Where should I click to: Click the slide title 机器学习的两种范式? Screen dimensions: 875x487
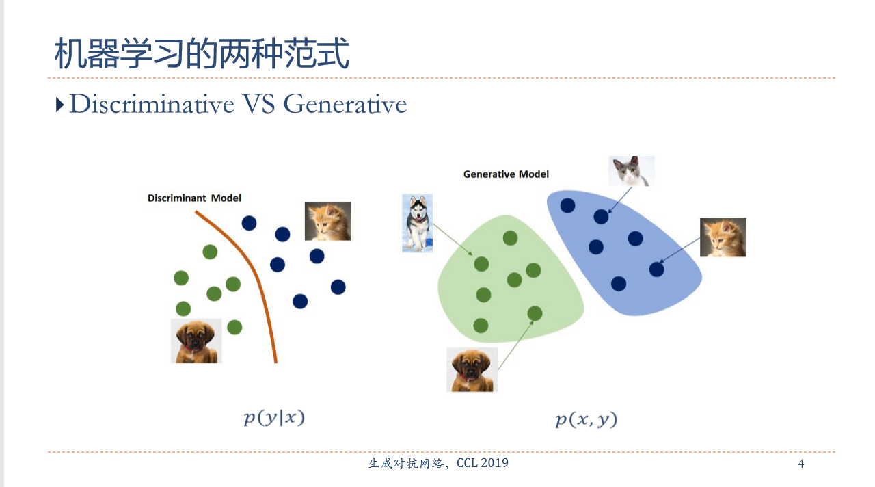pos(202,53)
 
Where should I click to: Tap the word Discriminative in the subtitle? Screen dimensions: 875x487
pos(152,105)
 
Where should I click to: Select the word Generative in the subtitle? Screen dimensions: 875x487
pos(345,105)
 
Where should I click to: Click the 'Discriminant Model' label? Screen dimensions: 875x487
pos(194,198)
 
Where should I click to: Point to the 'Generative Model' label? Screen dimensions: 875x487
pos(506,174)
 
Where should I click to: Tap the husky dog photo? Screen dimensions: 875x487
pos(417,223)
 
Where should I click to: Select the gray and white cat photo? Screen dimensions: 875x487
pos(631,171)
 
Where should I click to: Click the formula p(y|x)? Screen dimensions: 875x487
pos(274,418)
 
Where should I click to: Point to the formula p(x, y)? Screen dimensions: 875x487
pos(586,419)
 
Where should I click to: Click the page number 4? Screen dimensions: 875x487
pos(800,464)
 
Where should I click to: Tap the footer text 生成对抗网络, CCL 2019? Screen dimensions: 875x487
pos(438,463)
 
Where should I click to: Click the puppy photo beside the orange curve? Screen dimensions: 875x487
pos(196,341)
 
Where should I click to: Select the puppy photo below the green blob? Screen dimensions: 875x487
pos(472,370)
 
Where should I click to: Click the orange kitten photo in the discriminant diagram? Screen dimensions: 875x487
pos(327,221)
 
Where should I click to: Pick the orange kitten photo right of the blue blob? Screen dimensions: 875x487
pos(723,237)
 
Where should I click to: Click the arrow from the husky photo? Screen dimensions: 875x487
pos(453,239)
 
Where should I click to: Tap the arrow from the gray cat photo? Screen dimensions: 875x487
pos(619,200)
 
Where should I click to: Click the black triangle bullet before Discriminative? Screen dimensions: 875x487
pos(59,105)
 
